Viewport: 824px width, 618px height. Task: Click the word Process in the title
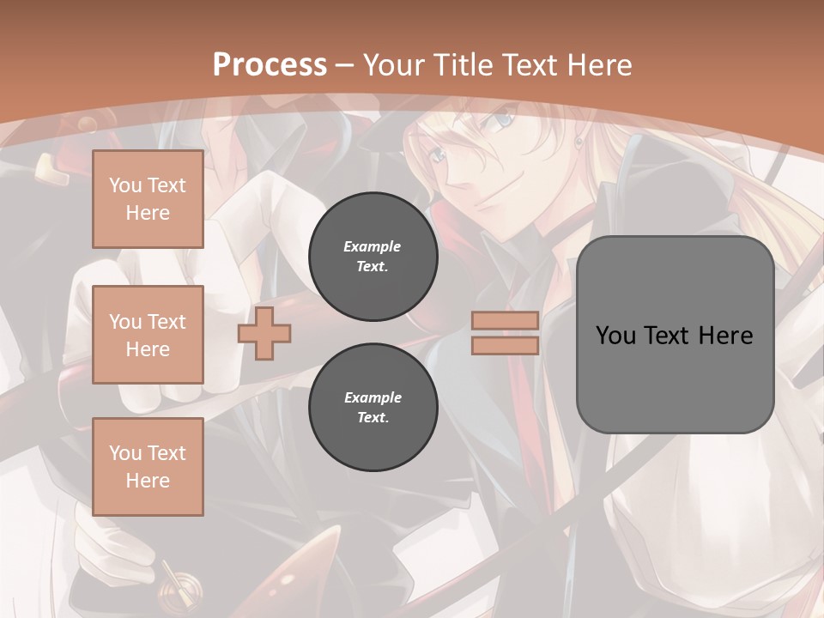pos(270,64)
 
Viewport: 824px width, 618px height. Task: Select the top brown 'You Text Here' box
pos(148,199)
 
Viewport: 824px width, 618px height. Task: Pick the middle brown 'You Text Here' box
pos(148,335)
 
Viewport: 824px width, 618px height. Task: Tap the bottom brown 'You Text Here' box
pos(148,467)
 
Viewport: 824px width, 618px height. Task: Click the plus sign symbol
pos(264,333)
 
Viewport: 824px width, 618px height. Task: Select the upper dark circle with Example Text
pos(373,257)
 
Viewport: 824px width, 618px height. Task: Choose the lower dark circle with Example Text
pos(373,408)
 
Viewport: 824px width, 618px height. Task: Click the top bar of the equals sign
pos(505,321)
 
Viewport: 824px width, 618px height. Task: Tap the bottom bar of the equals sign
pos(505,346)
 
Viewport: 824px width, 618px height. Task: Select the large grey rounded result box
pos(675,335)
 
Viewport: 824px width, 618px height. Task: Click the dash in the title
pos(344,65)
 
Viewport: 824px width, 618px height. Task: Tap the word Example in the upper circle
pos(373,246)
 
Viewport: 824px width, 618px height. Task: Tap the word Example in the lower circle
pos(373,397)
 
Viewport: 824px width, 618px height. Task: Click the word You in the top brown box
pos(125,185)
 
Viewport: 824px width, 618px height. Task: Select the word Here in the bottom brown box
pos(148,481)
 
